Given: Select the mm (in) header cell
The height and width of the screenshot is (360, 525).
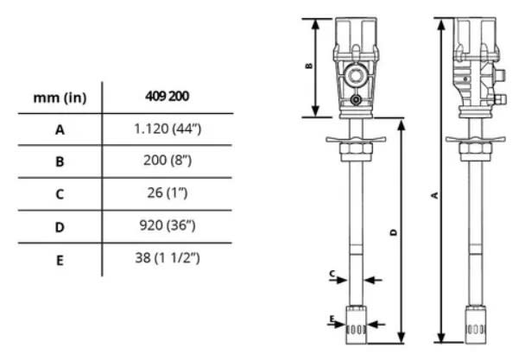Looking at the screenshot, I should (60, 97).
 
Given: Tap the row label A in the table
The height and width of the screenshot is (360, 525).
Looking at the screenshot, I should (60, 129).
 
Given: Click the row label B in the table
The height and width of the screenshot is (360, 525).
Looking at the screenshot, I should (60, 161).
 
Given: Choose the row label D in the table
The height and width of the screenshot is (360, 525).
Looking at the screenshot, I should (60, 226).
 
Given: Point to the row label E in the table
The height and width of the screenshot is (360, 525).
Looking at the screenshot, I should (60, 258).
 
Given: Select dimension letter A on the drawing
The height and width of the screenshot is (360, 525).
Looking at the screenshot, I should (433, 195).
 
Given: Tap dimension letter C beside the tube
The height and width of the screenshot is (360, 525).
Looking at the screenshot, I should (332, 274).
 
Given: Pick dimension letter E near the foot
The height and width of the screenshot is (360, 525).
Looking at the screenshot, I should (332, 320).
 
